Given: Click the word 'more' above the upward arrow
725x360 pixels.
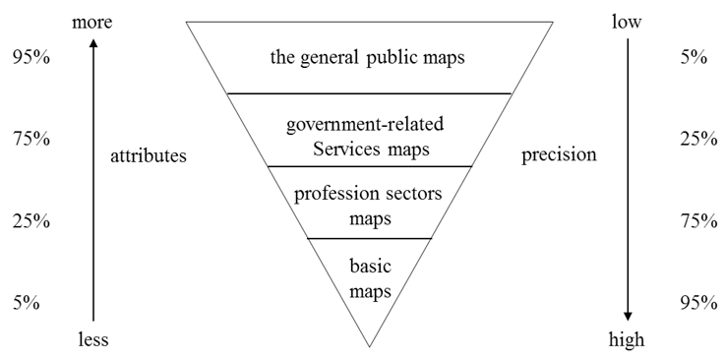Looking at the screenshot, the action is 92,22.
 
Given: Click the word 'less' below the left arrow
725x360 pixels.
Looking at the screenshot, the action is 92,339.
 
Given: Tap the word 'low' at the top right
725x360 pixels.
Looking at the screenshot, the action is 627,21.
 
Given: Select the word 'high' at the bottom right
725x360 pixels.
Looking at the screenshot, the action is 627,339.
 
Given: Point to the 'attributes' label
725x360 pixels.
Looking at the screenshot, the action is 149,155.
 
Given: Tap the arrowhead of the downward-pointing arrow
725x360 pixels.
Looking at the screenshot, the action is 627,315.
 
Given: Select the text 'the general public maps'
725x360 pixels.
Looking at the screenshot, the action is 367,57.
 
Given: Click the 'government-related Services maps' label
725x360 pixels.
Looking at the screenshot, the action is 366,138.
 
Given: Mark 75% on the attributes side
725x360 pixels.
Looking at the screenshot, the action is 30,139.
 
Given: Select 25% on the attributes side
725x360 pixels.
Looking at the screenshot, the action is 30,221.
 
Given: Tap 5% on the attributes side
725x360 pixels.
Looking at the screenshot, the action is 26,302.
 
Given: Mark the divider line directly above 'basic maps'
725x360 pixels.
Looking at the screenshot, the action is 369,239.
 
